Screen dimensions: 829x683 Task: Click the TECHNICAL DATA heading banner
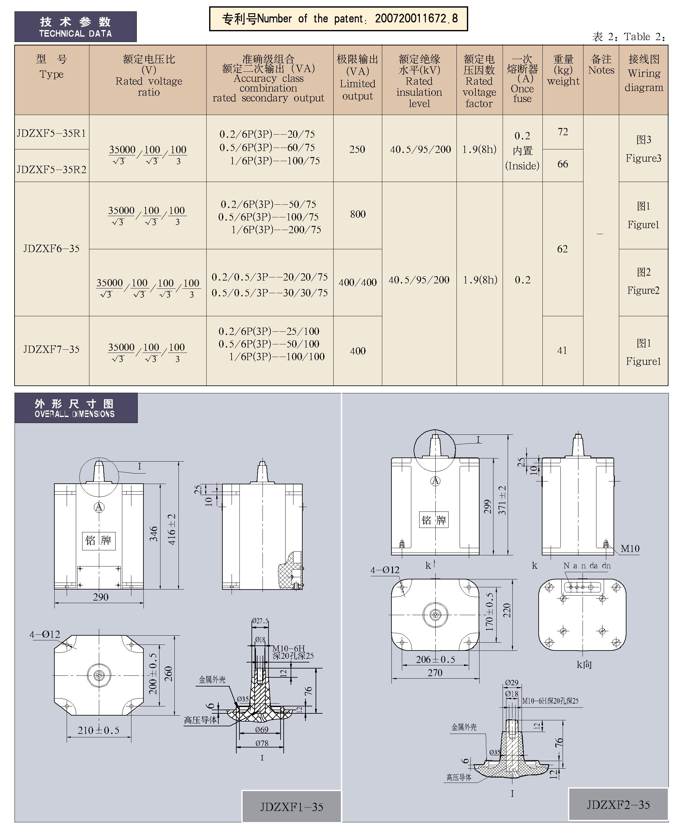[76, 27]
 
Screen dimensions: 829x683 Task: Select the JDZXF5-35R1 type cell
[51, 133]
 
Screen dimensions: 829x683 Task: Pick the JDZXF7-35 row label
[51, 349]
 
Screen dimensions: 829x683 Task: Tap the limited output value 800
[358, 214]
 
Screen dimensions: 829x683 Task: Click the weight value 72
[563, 132]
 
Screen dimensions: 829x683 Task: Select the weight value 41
[562, 350]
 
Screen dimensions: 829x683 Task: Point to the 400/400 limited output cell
[358, 282]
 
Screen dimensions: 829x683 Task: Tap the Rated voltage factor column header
[479, 81]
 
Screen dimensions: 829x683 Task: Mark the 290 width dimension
[100, 597]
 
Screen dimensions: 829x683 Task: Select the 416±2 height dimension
[172, 529]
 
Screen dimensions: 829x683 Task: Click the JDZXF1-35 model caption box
[292, 807]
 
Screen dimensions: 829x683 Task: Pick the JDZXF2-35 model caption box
[618, 805]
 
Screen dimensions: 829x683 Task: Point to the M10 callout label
[630, 548]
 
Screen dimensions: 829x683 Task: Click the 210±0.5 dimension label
[98, 730]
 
